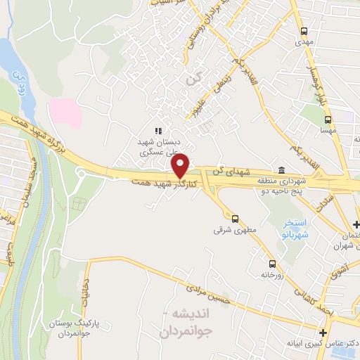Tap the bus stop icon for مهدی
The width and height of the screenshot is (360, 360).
[x=304, y=31]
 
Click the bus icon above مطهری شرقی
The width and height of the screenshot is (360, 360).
[x=235, y=218]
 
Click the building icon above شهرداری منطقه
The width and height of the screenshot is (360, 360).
[x=281, y=170]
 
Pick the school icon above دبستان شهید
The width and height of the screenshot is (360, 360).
[x=158, y=130]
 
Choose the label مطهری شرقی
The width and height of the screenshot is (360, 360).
[x=231, y=230]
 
